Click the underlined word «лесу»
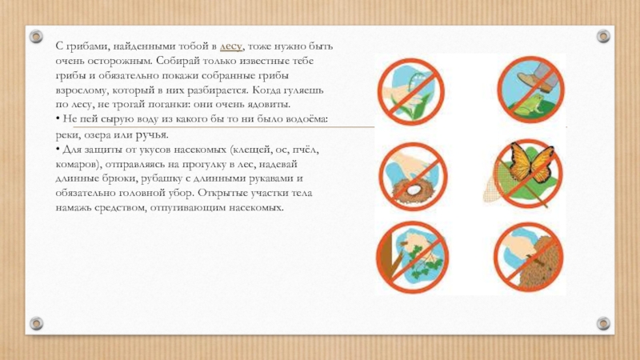point(231,47)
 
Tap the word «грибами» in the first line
point(86,46)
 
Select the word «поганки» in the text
point(171,105)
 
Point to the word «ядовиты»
point(269,104)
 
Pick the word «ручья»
point(152,135)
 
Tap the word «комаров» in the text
point(78,164)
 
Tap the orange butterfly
point(530,162)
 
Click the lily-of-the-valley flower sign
point(410,91)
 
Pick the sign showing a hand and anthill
point(529,257)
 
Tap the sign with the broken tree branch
point(412,257)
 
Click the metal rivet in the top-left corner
point(36,36)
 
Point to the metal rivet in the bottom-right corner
point(603,324)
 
